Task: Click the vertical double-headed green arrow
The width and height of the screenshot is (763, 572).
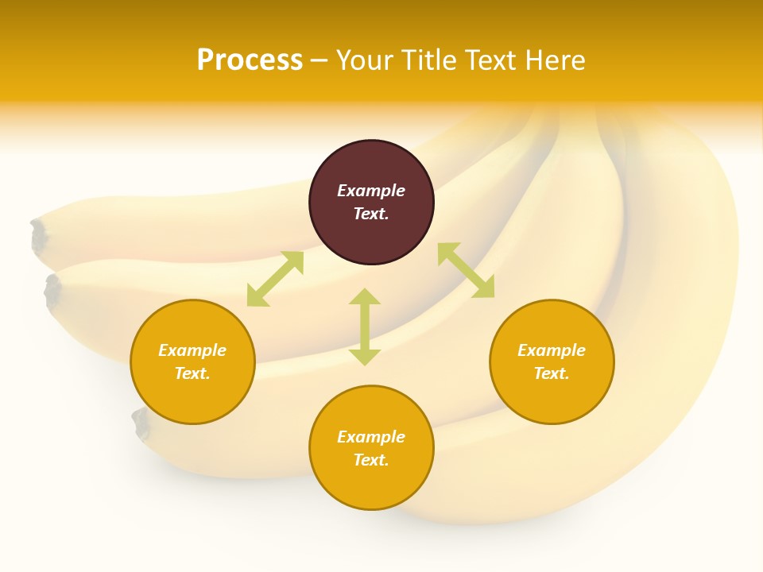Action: pyautogui.click(x=365, y=327)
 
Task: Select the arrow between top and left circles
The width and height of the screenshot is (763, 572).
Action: pyautogui.click(x=275, y=279)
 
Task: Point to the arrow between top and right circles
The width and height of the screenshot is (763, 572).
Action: pyautogui.click(x=466, y=270)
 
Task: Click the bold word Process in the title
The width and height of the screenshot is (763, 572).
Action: pyautogui.click(x=250, y=60)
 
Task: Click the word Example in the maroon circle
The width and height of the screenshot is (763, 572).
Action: pyautogui.click(x=371, y=191)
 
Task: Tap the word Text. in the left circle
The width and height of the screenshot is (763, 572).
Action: pyautogui.click(x=192, y=373)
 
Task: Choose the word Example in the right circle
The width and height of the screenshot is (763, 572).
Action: pyautogui.click(x=552, y=350)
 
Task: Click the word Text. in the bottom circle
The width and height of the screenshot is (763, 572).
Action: pyautogui.click(x=371, y=460)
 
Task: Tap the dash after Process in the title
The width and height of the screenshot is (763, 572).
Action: pyautogui.click(x=320, y=60)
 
